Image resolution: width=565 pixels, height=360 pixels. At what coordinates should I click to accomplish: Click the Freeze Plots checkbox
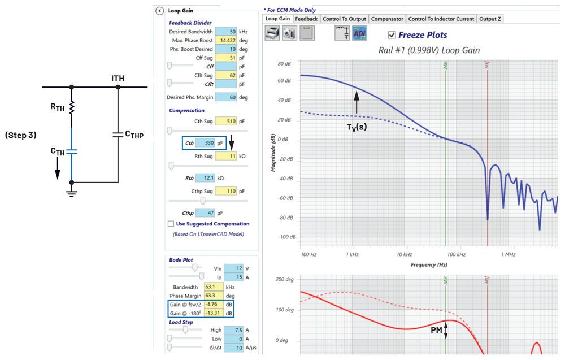click(x=392, y=35)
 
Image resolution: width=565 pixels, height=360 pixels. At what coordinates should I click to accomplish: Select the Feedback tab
click(x=306, y=19)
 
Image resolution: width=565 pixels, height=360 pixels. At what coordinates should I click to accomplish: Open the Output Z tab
click(x=490, y=19)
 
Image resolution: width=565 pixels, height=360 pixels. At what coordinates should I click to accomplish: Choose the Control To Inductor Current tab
click(x=441, y=19)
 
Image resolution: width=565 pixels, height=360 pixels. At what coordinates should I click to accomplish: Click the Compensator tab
click(x=387, y=19)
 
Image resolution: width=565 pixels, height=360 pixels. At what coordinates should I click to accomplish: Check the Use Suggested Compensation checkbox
click(x=171, y=224)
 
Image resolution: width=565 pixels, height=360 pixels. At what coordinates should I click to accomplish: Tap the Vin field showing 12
click(x=234, y=268)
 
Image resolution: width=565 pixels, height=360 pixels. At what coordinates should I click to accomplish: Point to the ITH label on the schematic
click(x=118, y=78)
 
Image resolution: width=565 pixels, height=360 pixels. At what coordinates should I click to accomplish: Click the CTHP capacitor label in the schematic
click(x=136, y=134)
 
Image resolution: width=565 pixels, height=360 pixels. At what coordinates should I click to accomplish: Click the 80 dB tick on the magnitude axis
click(x=284, y=64)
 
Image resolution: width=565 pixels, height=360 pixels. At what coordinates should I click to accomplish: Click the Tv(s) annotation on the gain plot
click(x=357, y=127)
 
